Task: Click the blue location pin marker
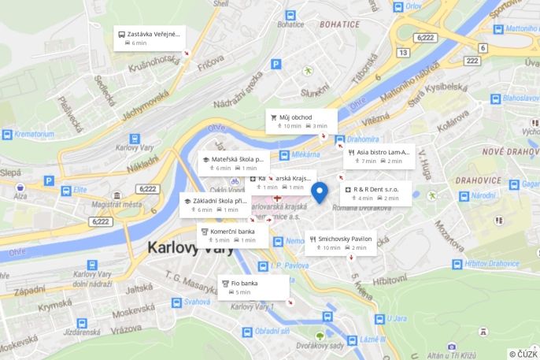(x=319, y=191)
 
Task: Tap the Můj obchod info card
(x=301, y=121)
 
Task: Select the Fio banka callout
(x=253, y=287)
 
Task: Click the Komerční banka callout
(x=232, y=236)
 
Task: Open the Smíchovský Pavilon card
(x=339, y=243)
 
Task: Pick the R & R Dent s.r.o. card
(x=375, y=193)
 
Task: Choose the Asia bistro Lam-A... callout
(x=378, y=156)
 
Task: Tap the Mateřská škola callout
(x=233, y=163)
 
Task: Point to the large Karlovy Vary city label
(x=192, y=247)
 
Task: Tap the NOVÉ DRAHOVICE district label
(x=509, y=151)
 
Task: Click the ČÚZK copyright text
(x=523, y=354)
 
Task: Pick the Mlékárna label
(x=305, y=154)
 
